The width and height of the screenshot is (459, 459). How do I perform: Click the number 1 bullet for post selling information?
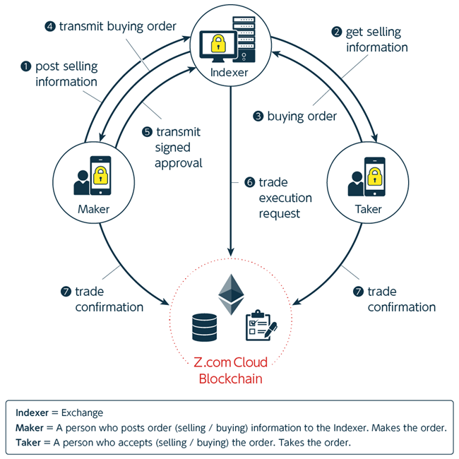(x=26, y=66)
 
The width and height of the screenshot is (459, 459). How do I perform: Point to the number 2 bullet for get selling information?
(x=337, y=32)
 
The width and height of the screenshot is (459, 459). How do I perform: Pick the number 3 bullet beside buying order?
(x=258, y=116)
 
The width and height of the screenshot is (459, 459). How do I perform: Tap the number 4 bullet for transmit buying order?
(x=50, y=27)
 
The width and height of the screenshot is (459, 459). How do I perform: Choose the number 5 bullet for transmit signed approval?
(x=148, y=132)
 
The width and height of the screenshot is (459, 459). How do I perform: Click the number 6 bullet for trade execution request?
(x=249, y=182)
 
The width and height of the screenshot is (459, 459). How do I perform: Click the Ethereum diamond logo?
(x=229, y=294)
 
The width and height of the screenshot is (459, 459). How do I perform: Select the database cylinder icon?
(x=205, y=327)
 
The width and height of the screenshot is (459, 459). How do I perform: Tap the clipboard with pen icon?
(x=260, y=326)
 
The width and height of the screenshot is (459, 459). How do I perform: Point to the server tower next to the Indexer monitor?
(x=245, y=40)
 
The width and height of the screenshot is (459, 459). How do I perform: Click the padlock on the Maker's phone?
(x=102, y=174)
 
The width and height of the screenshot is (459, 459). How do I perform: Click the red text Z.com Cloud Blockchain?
(x=231, y=370)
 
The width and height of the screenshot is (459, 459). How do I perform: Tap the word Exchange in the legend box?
(x=83, y=412)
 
